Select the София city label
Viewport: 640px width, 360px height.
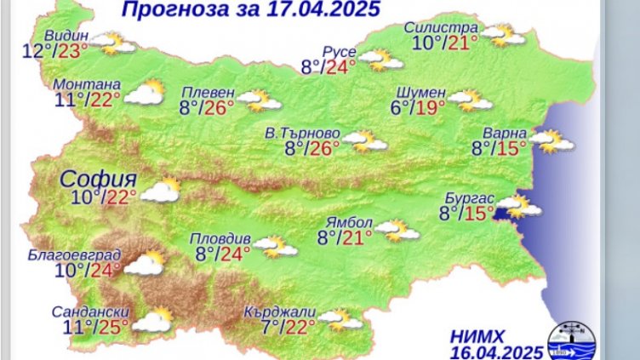(99, 179)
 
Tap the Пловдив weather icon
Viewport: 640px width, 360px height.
(276, 248)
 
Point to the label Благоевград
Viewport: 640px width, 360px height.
(73, 255)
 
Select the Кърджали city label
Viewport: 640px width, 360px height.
(279, 311)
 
